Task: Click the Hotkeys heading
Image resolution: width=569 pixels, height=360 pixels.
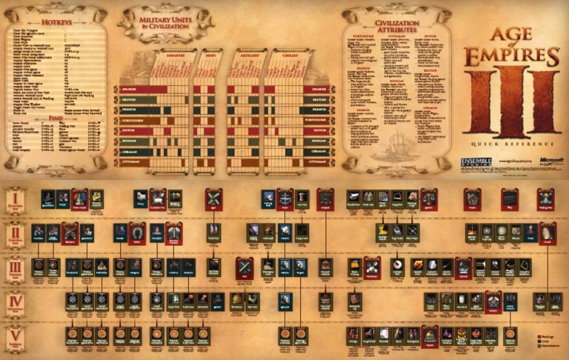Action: tap(56, 24)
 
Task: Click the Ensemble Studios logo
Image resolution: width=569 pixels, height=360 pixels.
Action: tap(476, 162)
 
